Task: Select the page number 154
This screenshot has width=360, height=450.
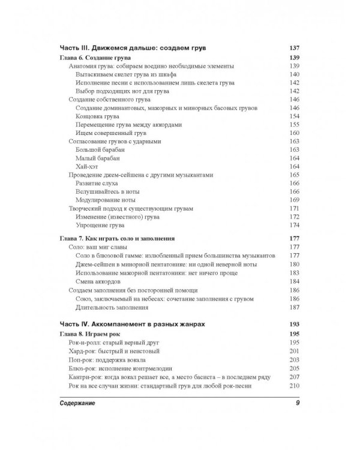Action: click(294, 116)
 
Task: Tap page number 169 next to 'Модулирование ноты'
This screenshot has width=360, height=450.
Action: click(294, 199)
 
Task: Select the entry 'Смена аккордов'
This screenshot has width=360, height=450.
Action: click(99, 281)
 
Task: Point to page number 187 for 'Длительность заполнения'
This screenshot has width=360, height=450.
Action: click(294, 307)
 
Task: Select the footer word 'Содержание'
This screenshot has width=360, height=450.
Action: click(80, 403)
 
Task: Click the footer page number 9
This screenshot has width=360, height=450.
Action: click(296, 403)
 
